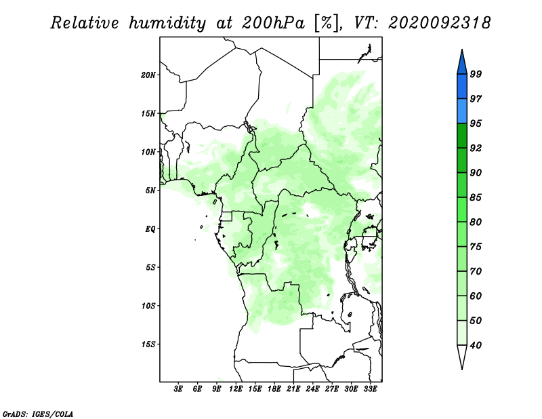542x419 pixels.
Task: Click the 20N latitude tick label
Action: click(148, 75)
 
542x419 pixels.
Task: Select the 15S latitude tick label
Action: click(148, 344)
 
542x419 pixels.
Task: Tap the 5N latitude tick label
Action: click(150, 191)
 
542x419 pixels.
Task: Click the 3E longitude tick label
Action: click(178, 389)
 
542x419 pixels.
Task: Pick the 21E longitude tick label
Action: click(293, 389)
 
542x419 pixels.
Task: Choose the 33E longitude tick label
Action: click(370, 389)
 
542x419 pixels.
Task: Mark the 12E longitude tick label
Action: click(236, 389)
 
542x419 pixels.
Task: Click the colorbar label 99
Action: click(476, 74)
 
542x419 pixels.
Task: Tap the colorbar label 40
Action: click(476, 345)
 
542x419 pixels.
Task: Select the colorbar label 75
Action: click(476, 247)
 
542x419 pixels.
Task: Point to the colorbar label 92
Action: click(476, 148)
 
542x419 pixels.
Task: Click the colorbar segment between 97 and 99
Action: click(462, 87)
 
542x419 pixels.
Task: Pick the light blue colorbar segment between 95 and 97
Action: click(462, 111)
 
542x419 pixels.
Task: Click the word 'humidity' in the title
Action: click(167, 24)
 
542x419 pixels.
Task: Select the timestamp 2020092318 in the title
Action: click(439, 23)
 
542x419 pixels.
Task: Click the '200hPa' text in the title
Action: click(273, 23)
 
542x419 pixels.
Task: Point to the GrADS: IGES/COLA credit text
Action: click(38, 414)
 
